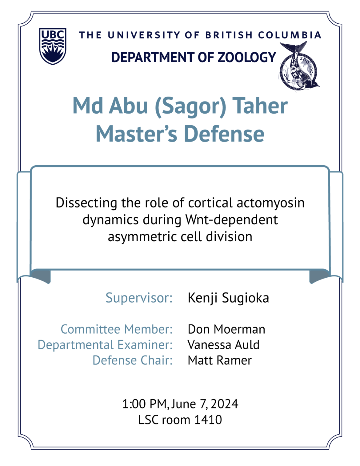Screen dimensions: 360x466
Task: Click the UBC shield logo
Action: [x=53, y=46]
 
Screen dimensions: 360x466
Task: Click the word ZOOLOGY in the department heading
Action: [x=247, y=57]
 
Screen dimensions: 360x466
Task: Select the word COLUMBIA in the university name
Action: [x=290, y=35]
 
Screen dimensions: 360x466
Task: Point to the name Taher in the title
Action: [x=260, y=106]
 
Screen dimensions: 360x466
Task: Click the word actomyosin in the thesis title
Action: [x=270, y=203]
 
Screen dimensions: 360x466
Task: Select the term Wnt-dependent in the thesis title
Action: [x=232, y=220]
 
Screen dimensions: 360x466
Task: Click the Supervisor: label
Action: [x=139, y=298]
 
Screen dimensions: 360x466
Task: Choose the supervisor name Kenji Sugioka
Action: [x=228, y=298]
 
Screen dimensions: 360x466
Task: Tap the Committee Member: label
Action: [x=117, y=329]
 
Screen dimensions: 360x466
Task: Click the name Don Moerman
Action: [x=226, y=329]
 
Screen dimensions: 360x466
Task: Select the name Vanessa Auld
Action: [x=223, y=345]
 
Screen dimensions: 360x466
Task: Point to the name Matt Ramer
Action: [x=220, y=360]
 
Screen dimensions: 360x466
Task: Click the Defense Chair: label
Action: [x=132, y=360]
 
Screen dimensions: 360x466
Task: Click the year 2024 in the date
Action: [x=224, y=404]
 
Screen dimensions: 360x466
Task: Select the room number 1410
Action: [x=208, y=420]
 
